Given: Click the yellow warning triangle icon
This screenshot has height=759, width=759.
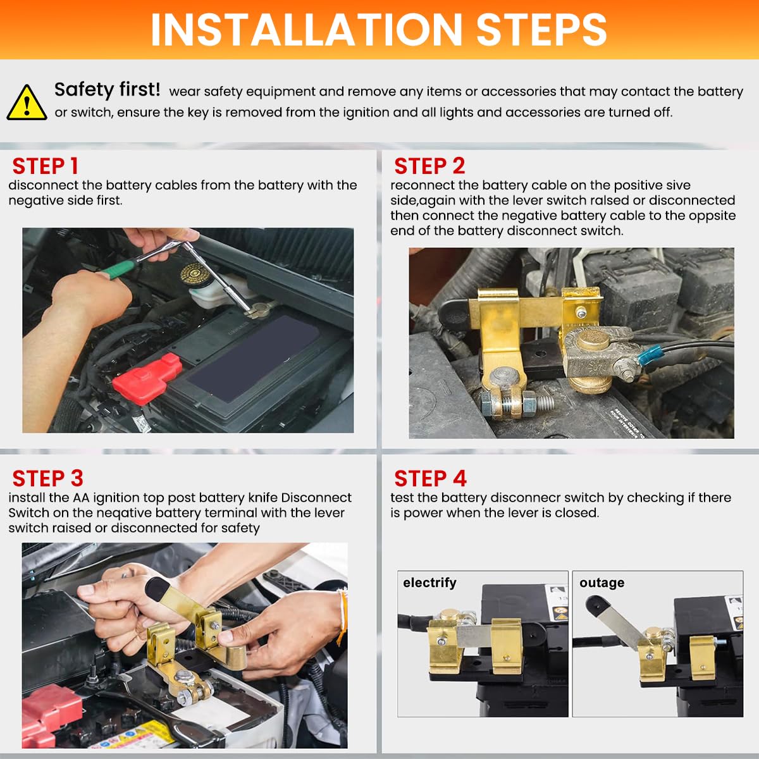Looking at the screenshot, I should (x=26, y=102).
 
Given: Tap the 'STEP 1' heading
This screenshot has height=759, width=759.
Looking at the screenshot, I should (x=45, y=166).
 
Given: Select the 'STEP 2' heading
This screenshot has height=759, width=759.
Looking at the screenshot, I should (x=429, y=166).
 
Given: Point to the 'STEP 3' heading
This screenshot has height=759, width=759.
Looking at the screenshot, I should (x=47, y=479).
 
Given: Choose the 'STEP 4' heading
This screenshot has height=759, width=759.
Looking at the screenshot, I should (x=430, y=479).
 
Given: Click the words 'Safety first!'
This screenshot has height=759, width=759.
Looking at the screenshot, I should (x=107, y=90).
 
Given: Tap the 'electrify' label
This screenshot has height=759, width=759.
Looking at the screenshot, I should (x=429, y=583).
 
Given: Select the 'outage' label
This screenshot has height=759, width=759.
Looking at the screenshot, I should (x=602, y=583).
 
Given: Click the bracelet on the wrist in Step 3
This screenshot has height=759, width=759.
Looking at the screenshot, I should (x=343, y=614).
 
